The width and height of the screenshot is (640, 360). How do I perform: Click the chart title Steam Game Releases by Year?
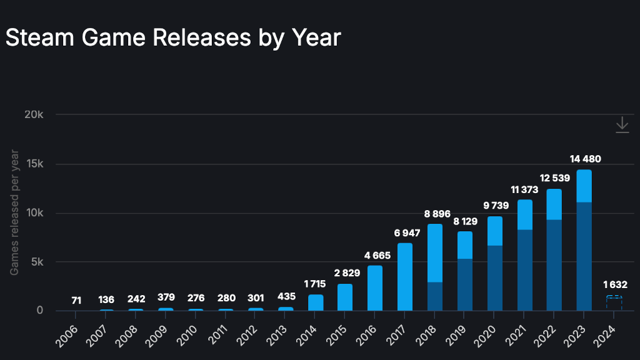pos(172,38)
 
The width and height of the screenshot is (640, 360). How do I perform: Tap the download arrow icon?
pos(622,125)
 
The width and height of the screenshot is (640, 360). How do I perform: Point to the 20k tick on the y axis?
pos(33,114)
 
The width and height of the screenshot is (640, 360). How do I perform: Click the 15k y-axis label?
pos(33,164)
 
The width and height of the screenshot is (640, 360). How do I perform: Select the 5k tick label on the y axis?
pos(36,262)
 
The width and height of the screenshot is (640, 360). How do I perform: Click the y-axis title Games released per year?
pos(14,212)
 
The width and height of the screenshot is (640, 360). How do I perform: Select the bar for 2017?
pos(405,277)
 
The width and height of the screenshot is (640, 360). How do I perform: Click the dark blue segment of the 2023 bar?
pos(584,256)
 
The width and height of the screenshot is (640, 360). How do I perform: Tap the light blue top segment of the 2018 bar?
pos(435,253)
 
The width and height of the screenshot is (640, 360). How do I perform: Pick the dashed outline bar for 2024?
pos(614,303)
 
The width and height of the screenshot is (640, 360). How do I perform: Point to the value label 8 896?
pos(437,214)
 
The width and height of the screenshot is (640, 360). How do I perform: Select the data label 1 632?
pos(613,285)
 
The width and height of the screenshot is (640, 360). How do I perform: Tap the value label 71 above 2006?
pos(76,301)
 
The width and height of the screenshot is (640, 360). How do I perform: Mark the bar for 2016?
pos(375,288)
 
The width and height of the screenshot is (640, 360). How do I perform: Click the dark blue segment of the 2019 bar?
pos(465,284)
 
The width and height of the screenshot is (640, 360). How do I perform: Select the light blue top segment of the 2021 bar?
pos(524,215)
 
